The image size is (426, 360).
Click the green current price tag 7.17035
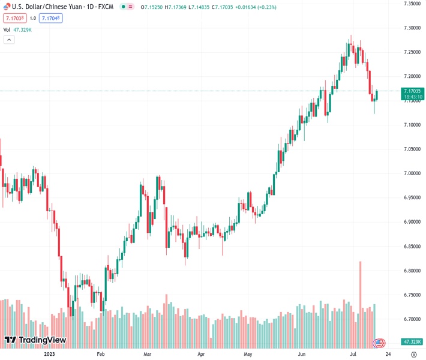click(412, 91)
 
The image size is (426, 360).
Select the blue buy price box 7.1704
click(50, 18)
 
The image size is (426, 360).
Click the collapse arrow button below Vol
click(9, 40)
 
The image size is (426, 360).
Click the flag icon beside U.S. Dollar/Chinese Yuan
click(7, 7)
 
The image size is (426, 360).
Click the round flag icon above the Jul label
click(379, 343)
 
